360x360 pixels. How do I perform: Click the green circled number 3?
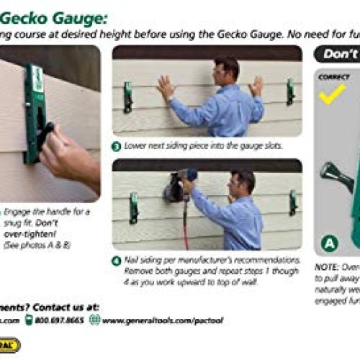[x=117, y=145]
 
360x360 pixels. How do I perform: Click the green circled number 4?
[x=116, y=261]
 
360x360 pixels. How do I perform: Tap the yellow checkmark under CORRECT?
[x=332, y=93]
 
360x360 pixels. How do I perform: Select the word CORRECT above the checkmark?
[x=333, y=77]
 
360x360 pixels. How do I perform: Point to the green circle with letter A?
[x=328, y=243]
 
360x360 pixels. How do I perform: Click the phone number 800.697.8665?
[x=60, y=320]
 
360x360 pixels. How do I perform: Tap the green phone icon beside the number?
[x=30, y=320]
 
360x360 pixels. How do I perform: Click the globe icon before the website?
[x=95, y=320]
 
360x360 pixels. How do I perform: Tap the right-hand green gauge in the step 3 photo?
[x=290, y=91]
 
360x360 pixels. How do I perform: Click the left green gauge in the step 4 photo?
[x=133, y=207]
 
